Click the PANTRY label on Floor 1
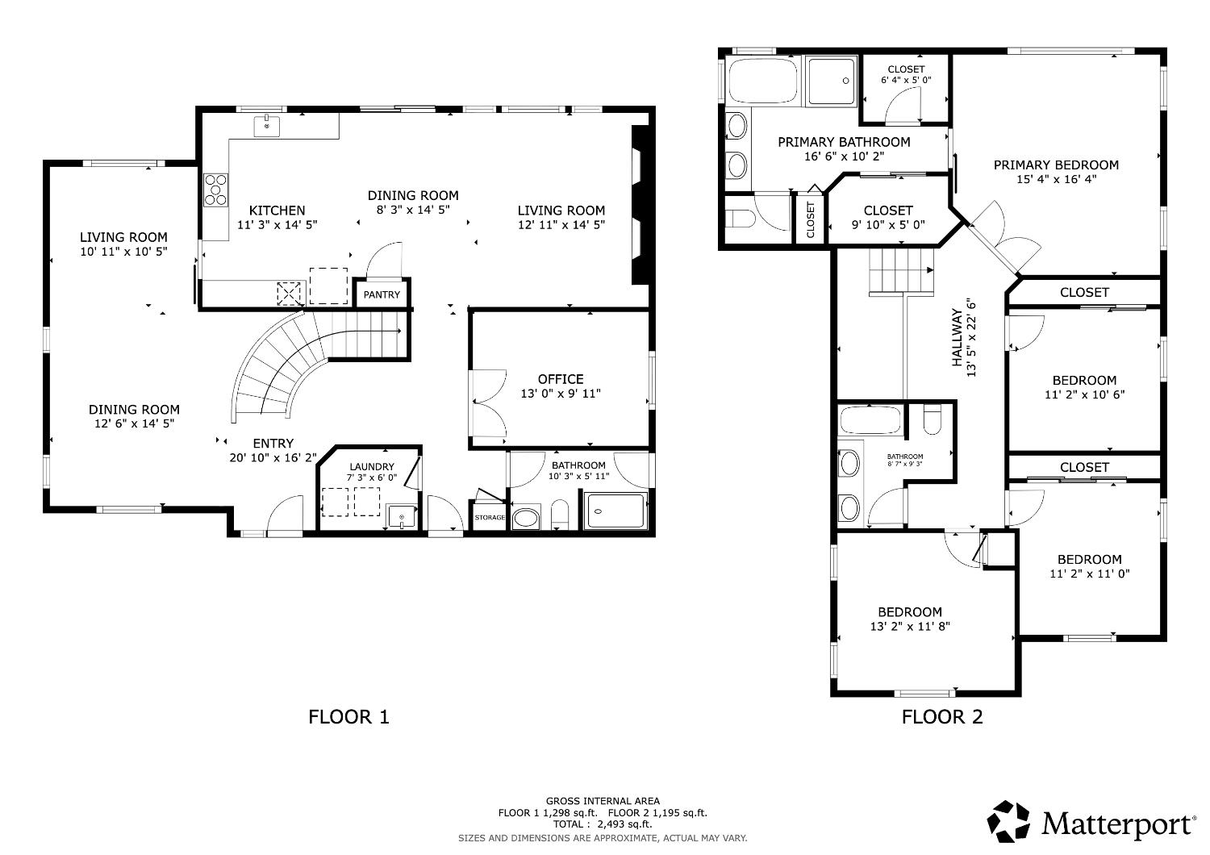tap(382, 295)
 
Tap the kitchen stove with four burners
tap(215, 190)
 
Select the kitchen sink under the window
tap(267, 126)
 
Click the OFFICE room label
tap(561, 379)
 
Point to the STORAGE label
tap(490, 517)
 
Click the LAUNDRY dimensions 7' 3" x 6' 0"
tap(372, 478)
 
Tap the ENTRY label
tap(273, 444)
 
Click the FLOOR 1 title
tap(348, 717)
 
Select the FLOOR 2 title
tap(942, 717)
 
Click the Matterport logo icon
tap(1008, 821)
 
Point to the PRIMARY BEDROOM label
tap(1056, 165)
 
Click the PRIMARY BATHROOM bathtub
tap(763, 81)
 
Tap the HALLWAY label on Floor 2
tap(957, 337)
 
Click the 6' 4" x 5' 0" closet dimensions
tap(906, 80)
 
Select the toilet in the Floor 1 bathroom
tap(560, 514)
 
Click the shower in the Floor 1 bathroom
tap(616, 511)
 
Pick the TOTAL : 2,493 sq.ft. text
tap(603, 824)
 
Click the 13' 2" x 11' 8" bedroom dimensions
tap(910, 627)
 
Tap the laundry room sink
tap(401, 516)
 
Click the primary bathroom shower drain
tap(846, 81)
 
